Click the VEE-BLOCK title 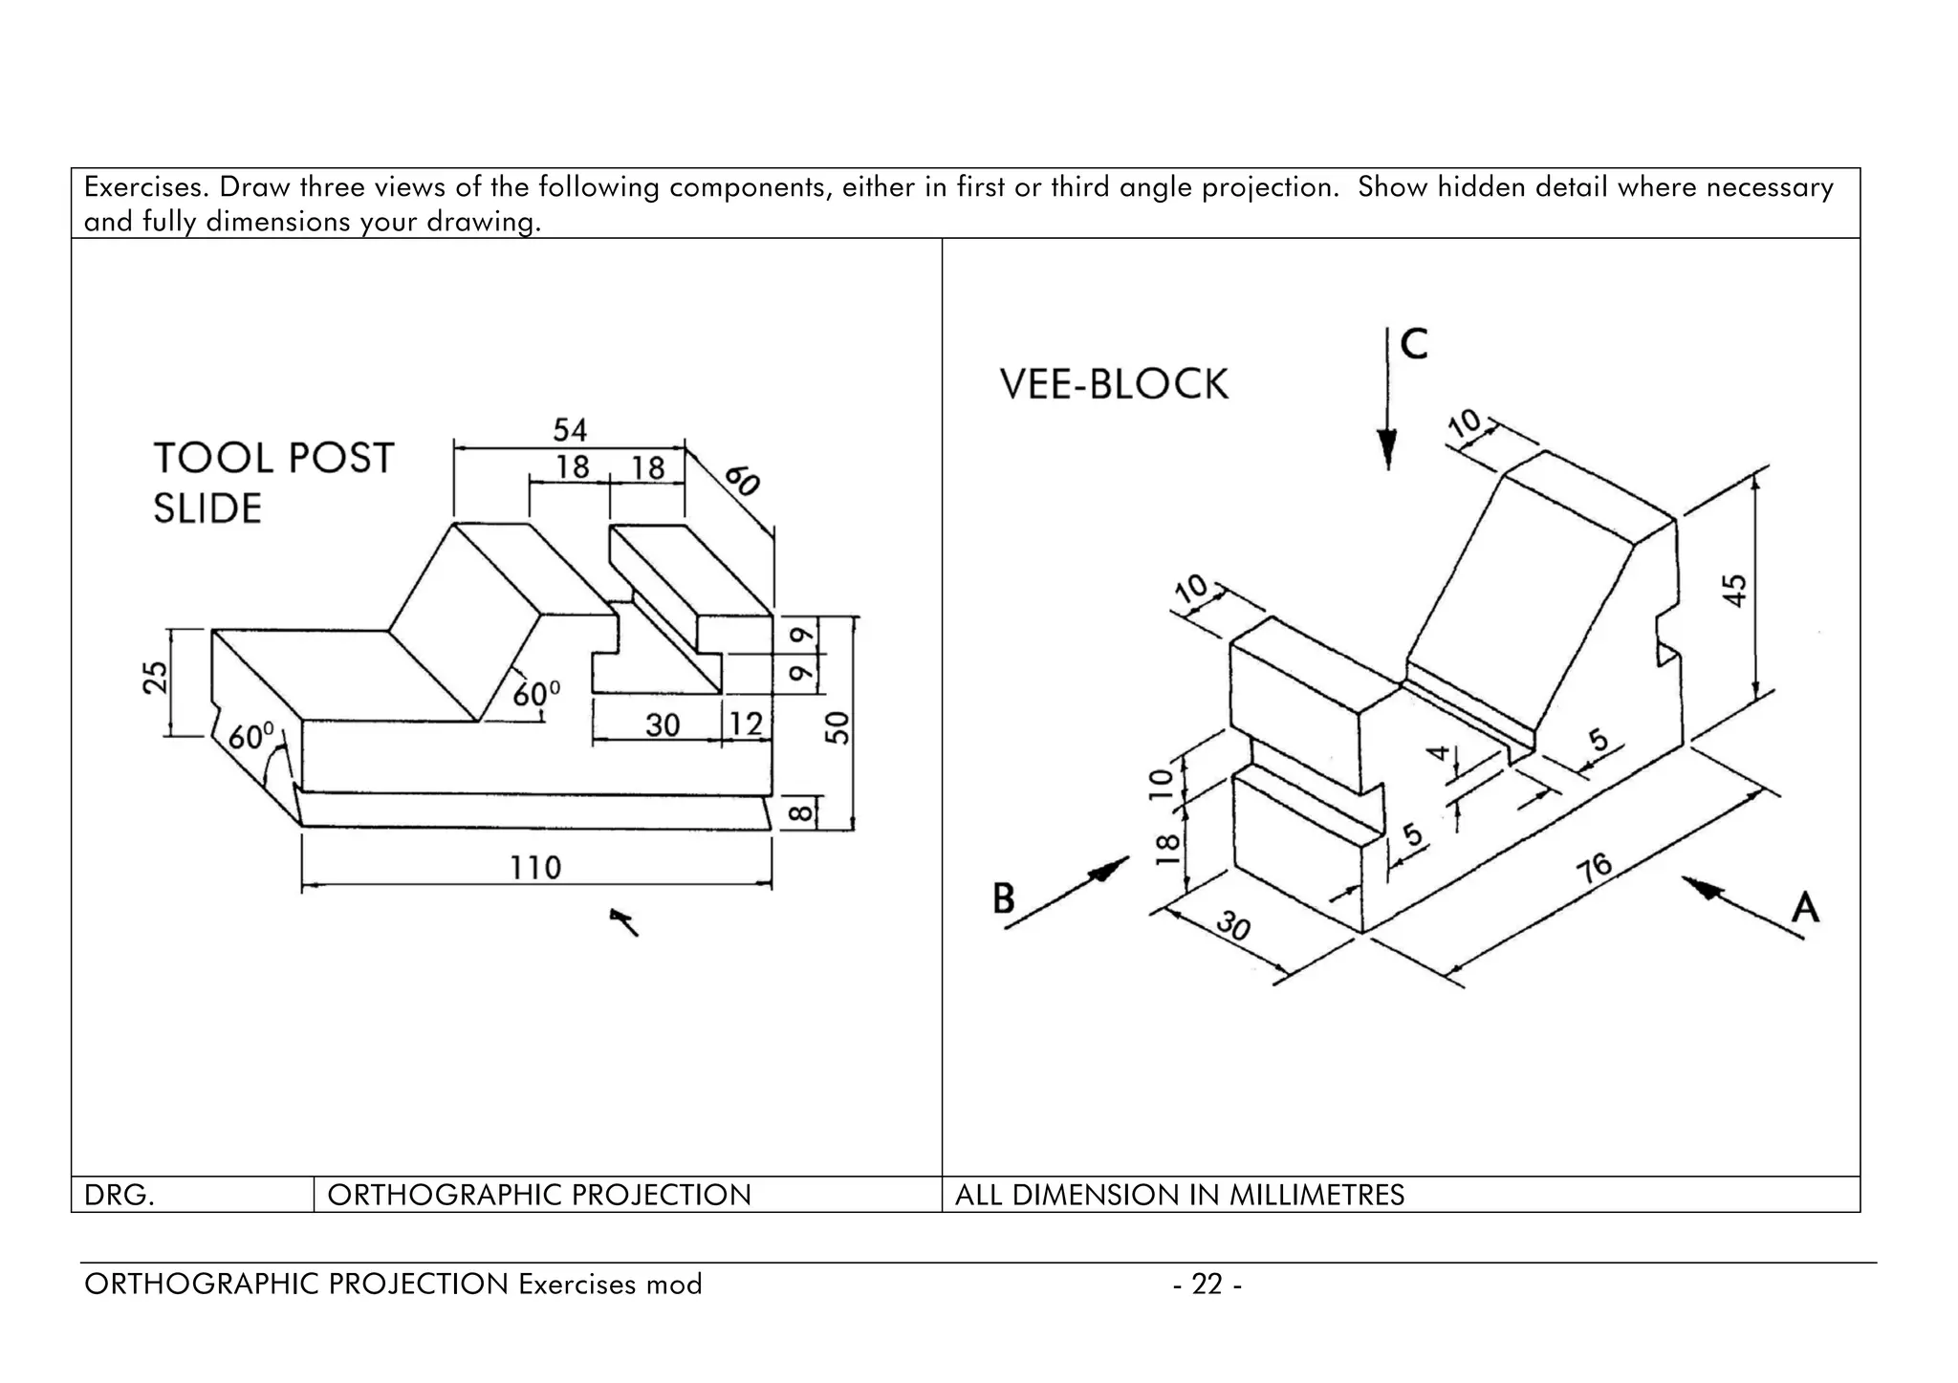click(1114, 384)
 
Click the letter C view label click(1414, 344)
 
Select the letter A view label click(1804, 906)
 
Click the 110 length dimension click(534, 868)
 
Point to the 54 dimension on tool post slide click(570, 429)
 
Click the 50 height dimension click(837, 727)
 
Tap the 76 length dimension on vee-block click(1594, 868)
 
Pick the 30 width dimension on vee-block click(1234, 926)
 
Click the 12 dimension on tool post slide click(746, 724)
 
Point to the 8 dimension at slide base click(802, 812)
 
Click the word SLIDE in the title click(207, 508)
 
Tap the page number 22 click(1207, 1284)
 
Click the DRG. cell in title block click(120, 1195)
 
